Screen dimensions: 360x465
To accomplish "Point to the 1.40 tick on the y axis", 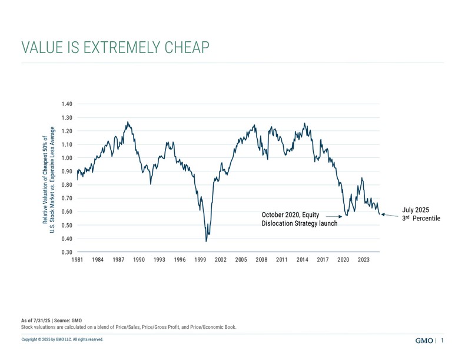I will (67, 104).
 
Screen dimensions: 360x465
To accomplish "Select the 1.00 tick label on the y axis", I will (67, 158).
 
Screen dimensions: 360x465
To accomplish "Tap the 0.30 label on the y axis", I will (67, 252).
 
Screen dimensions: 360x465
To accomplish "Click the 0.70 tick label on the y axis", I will (67, 199).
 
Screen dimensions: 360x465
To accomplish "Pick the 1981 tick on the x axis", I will (77, 259).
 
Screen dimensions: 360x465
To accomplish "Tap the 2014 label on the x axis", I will (302, 259).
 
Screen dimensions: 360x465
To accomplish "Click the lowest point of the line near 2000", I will (206, 241).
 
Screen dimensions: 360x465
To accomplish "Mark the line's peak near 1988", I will (128, 122).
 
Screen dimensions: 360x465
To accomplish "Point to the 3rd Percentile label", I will (421, 219).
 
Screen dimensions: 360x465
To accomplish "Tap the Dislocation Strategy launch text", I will (299, 224).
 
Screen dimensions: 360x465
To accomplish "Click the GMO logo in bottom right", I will (424, 341).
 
